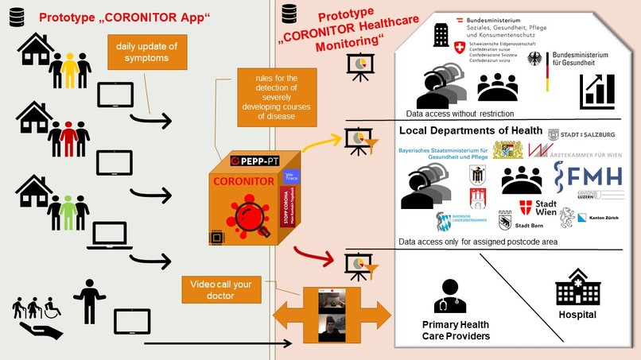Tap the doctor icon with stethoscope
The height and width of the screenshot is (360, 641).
450,296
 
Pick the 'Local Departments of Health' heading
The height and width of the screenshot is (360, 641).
471,131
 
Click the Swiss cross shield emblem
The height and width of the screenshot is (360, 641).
459,48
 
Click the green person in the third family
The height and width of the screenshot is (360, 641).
70,212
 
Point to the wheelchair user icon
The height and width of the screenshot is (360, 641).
52,307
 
